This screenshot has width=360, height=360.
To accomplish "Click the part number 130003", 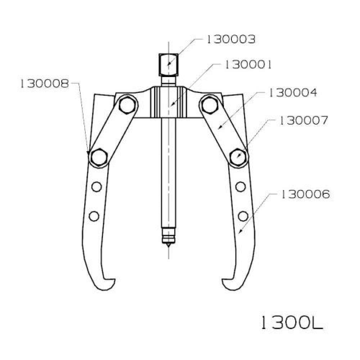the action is pyautogui.click(x=231, y=40).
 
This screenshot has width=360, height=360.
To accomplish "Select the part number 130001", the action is pyautogui.click(x=248, y=65).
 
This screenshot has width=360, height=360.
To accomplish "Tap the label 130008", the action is pyautogui.click(x=45, y=84).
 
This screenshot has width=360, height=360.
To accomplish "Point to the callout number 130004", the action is pyautogui.click(x=293, y=93).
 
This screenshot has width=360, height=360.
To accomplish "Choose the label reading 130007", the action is pyautogui.click(x=303, y=121).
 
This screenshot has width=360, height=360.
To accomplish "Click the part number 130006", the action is pyautogui.click(x=305, y=194).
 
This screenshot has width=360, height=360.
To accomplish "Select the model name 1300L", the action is pyautogui.click(x=292, y=323).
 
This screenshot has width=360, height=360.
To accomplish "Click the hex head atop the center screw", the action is pyautogui.click(x=168, y=64).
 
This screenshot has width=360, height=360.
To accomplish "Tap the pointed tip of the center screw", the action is pyautogui.click(x=168, y=246).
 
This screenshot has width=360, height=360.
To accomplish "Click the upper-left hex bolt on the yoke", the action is pyautogui.click(x=127, y=105).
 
